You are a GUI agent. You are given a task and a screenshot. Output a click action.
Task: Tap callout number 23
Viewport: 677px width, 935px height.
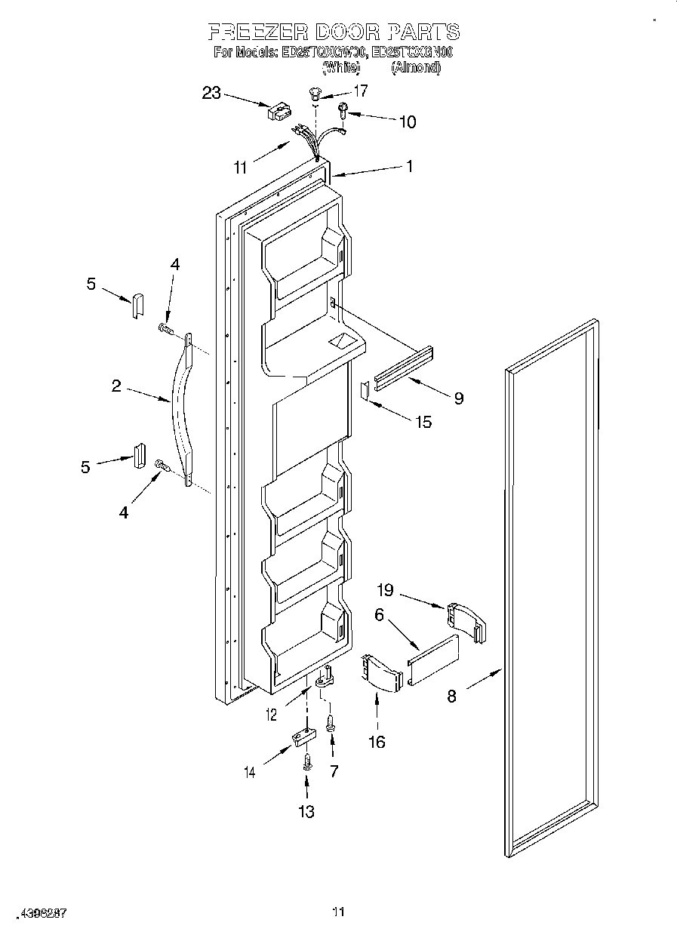tap(211, 93)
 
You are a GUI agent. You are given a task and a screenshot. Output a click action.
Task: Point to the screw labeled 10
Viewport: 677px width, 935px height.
tap(343, 111)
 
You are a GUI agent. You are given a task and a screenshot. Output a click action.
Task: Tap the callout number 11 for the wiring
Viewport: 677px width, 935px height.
tap(240, 168)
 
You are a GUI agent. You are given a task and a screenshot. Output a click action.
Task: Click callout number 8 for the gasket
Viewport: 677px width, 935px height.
tap(451, 697)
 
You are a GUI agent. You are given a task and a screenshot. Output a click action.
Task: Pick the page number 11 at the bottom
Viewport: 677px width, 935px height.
tap(338, 912)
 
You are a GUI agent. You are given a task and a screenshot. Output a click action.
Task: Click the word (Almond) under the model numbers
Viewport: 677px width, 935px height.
tap(415, 67)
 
